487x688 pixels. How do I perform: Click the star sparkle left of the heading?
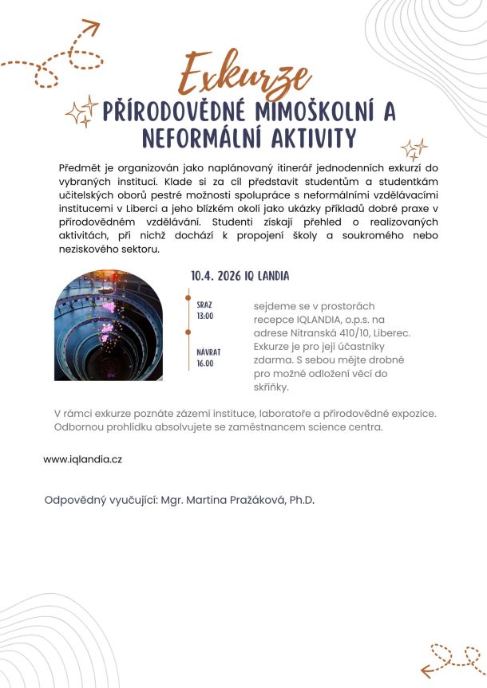coord(80,115)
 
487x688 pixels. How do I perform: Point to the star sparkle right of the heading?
coord(414,149)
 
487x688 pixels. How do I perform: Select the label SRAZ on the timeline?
coord(204,305)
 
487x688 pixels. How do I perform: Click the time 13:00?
coord(205,316)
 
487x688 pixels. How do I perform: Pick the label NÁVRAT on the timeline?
coord(208,352)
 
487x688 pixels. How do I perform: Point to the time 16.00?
coord(206,363)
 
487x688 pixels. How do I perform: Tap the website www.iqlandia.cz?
coord(82,459)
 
